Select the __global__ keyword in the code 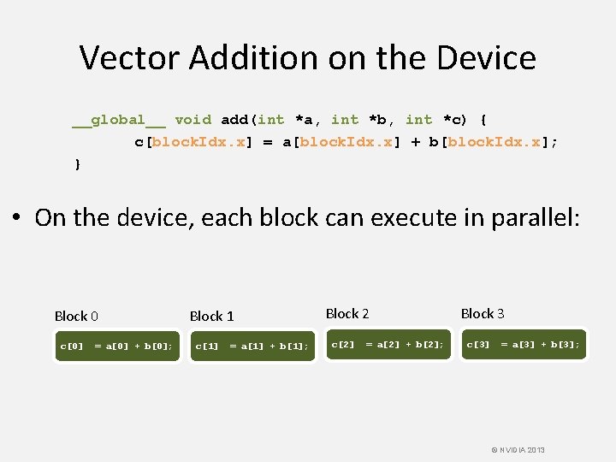click(119, 120)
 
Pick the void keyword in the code click(193, 120)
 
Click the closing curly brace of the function click(78, 163)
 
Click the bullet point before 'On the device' click(17, 219)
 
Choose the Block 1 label click(211, 316)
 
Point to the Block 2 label click(347, 313)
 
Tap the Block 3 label click(483, 313)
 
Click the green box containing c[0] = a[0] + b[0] click(116, 346)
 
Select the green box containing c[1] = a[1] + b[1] click(252, 346)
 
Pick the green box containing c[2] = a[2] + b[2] click(388, 344)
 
